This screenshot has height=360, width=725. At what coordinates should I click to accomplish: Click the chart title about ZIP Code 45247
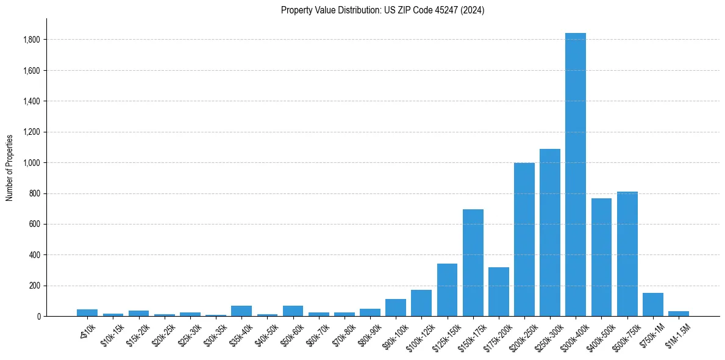pyautogui.click(x=382, y=10)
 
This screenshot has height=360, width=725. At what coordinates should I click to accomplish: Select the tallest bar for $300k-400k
pyautogui.click(x=575, y=175)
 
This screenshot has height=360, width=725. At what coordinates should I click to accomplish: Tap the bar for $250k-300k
pyautogui.click(x=549, y=232)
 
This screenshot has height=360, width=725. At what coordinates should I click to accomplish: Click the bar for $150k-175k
pyautogui.click(x=473, y=262)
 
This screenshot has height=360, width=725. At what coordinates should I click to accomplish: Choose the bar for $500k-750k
pyautogui.click(x=627, y=254)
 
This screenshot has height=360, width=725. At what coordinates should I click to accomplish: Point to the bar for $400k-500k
pyautogui.click(x=601, y=257)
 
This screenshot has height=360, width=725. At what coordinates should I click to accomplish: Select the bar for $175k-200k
pyautogui.click(x=498, y=292)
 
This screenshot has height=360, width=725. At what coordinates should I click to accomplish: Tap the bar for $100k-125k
pyautogui.click(x=421, y=303)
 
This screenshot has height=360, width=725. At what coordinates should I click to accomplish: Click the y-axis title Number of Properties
pyautogui.click(x=10, y=167)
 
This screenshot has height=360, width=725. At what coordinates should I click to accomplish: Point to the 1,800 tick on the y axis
pyautogui.click(x=32, y=40)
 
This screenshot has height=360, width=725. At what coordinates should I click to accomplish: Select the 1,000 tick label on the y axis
pyautogui.click(x=32, y=163)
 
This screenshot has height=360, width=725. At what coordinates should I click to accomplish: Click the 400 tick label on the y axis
pyautogui.click(x=35, y=255)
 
